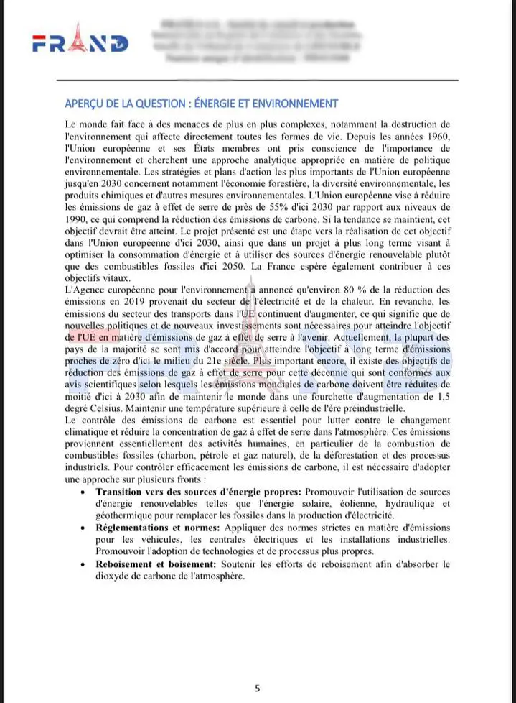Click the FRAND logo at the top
[80, 42]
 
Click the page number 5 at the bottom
[258, 688]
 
